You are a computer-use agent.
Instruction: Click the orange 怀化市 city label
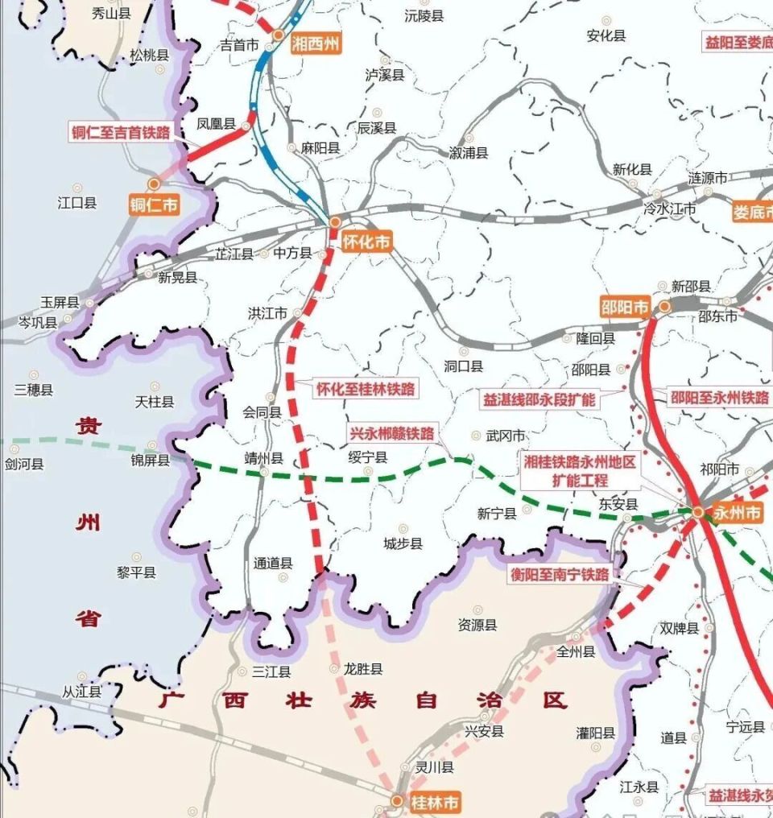point(367,242)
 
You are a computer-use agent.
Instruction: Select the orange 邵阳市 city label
point(625,307)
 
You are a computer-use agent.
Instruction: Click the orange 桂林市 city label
point(435,802)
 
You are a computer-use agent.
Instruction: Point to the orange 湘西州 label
point(316,43)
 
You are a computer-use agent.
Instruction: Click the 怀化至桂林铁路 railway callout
point(366,389)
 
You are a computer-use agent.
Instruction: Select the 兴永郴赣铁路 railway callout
point(392,433)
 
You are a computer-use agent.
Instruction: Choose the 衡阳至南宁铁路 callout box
point(559,575)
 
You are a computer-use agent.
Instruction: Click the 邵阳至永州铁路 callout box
point(720,397)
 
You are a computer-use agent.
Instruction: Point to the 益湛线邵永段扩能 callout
point(539,399)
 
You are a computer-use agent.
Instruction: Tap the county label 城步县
point(403,544)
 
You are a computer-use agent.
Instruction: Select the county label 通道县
point(273,564)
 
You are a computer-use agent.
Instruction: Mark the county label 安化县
point(606,35)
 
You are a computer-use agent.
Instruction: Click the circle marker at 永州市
point(697,511)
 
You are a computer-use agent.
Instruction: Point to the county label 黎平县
point(136,572)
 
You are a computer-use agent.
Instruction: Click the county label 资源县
point(477,625)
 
